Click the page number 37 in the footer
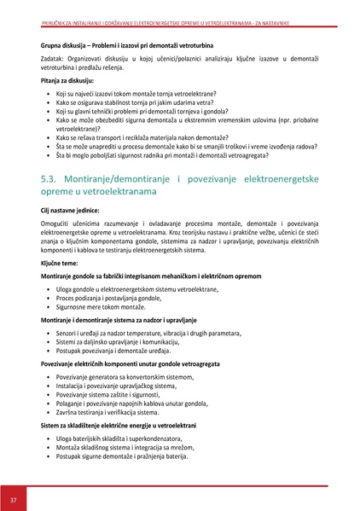point(14,498)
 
